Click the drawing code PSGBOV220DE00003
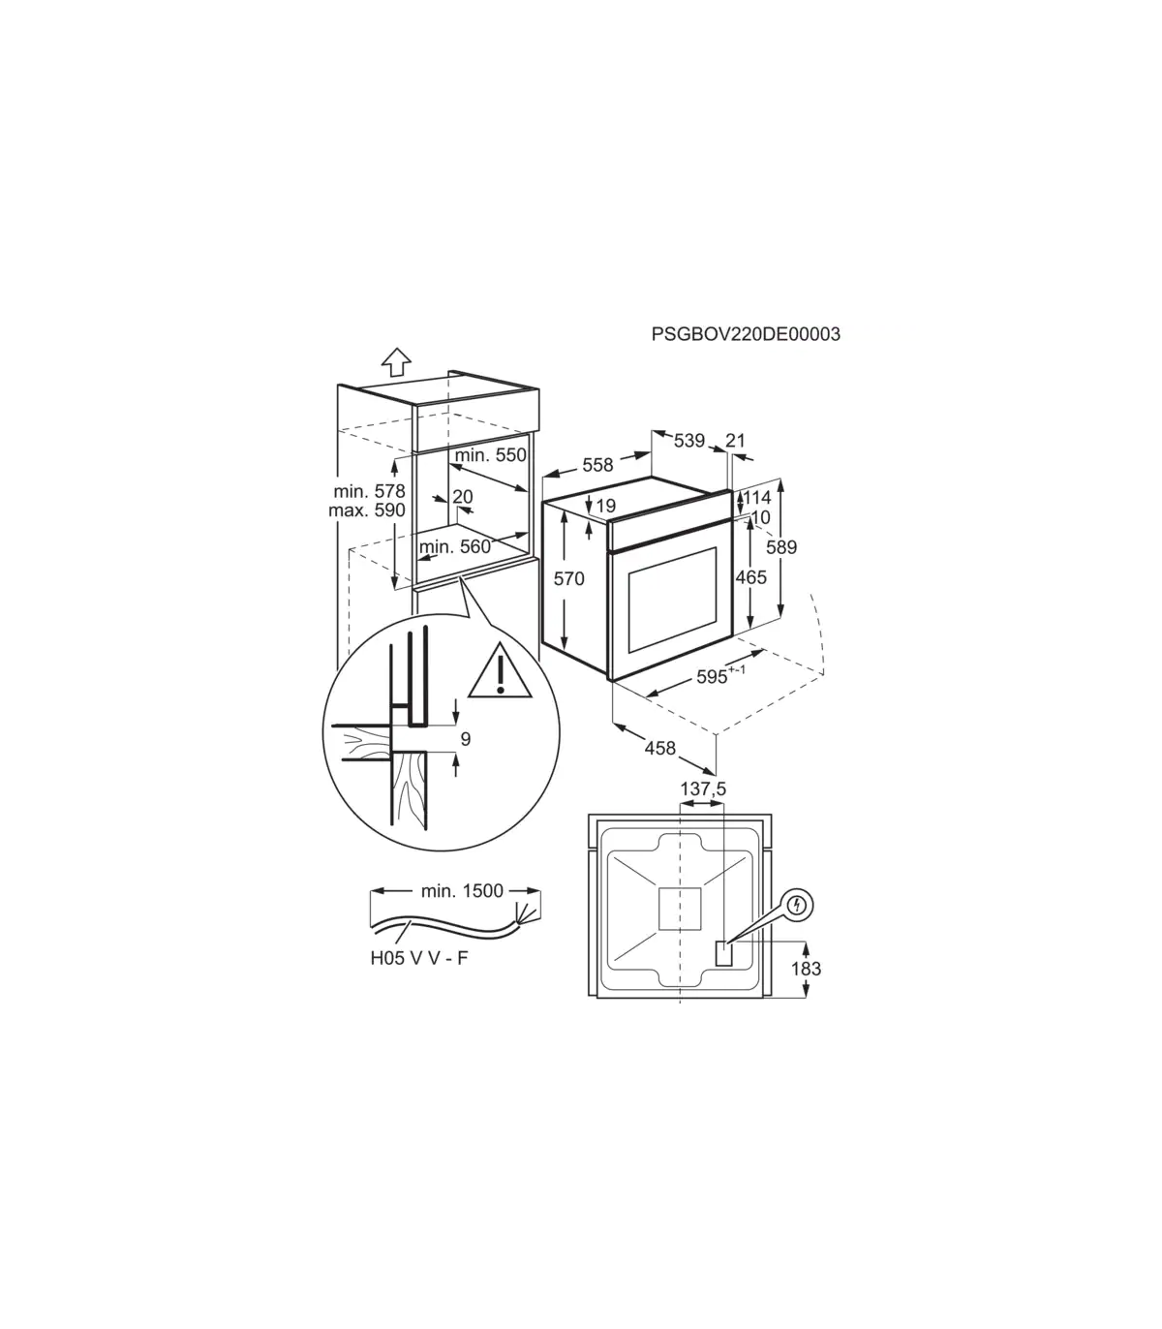point(746,334)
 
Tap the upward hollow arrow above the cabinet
point(396,362)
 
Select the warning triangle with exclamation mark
point(500,670)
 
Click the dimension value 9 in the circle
point(466,739)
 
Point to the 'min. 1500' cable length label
point(462,890)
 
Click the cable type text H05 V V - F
point(419,958)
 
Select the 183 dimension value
point(807,969)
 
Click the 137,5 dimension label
point(703,789)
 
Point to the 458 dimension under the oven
point(660,749)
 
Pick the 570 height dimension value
point(569,578)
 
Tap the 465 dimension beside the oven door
point(751,576)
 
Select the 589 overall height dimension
point(781,547)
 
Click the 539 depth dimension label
point(689,441)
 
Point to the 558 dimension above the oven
point(597,465)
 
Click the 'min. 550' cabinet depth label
point(491,454)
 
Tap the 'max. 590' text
point(367,510)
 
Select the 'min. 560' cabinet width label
point(455,547)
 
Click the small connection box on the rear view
point(723,954)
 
